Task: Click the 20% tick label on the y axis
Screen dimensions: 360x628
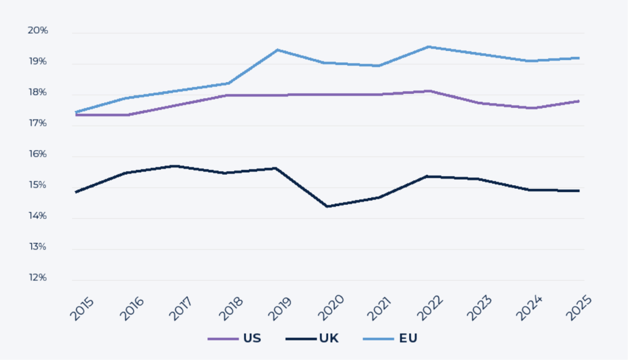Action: click(37, 31)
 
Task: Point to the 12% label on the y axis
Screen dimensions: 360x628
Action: click(37, 278)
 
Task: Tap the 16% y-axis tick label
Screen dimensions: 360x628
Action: click(37, 154)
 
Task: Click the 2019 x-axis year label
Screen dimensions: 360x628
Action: click(280, 309)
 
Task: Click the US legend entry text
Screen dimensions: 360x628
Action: click(252, 339)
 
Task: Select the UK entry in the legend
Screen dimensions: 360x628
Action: click(328, 339)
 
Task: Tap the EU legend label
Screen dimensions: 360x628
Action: click(407, 339)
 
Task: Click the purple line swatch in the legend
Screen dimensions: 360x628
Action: click(223, 339)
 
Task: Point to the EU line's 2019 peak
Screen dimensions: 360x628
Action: click(277, 50)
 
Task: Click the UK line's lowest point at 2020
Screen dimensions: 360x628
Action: click(327, 207)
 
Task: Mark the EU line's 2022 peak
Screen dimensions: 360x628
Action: click(428, 47)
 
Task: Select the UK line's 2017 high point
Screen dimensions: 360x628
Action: click(176, 166)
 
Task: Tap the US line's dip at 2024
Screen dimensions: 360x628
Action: click(529, 108)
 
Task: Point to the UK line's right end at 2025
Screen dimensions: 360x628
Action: click(579, 191)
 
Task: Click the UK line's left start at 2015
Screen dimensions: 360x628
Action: click(75, 193)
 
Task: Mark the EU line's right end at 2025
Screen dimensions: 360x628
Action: click(579, 58)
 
